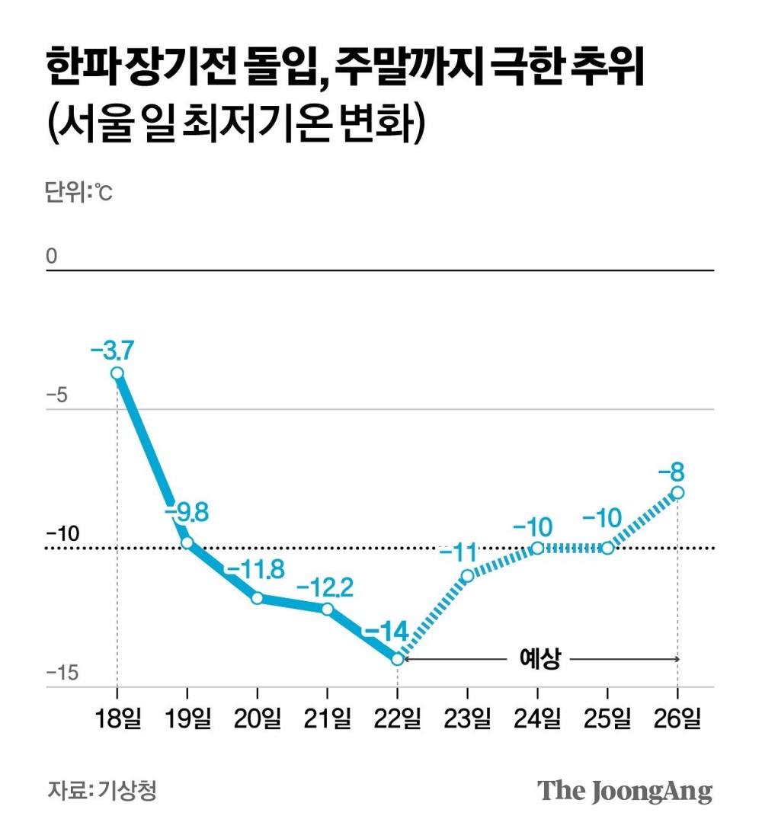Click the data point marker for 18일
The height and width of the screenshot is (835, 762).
[x=117, y=373]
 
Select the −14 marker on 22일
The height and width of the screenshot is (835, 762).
[x=398, y=659]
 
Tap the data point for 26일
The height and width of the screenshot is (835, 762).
[x=677, y=493]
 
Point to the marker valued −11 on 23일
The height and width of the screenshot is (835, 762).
[x=467, y=575]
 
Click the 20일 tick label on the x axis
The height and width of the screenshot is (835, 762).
[x=257, y=718]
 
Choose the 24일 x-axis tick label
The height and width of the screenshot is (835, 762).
[x=537, y=718]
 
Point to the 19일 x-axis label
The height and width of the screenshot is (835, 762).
[x=187, y=718]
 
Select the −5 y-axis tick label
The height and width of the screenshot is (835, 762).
[x=58, y=396]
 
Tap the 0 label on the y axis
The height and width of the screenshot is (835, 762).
[x=52, y=257]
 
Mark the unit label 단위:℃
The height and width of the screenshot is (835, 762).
[x=78, y=193]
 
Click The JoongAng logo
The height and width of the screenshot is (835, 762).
[x=625, y=790]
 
